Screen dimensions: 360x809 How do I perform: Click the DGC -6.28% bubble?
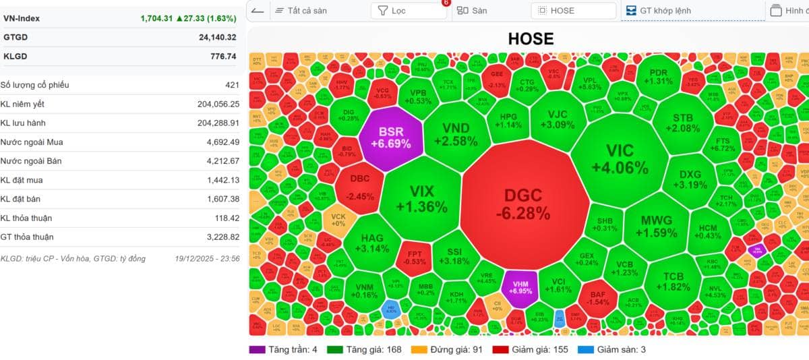coord(522,204)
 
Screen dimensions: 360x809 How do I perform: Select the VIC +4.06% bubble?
coord(620,158)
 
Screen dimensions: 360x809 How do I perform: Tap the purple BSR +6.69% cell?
coord(390,137)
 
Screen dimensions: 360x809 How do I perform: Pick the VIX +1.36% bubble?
coord(422,198)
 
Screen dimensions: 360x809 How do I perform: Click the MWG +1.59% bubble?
coord(656,226)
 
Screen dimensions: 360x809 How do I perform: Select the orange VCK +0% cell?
coord(338,220)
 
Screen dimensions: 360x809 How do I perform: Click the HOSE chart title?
coord(531,39)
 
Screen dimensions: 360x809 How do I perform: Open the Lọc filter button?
coord(408,11)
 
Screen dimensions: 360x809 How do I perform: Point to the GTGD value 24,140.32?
coord(214,37)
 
